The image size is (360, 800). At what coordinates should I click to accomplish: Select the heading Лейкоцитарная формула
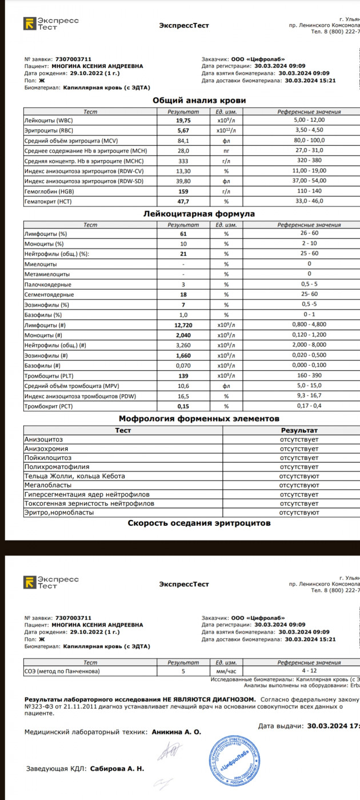click(x=199, y=214)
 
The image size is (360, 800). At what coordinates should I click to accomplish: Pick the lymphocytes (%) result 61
click(x=183, y=234)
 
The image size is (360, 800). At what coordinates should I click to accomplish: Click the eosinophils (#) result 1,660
click(x=183, y=355)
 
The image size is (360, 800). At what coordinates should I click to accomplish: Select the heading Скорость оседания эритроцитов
click(x=199, y=523)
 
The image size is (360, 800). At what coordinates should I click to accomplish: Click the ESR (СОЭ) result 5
click(x=183, y=671)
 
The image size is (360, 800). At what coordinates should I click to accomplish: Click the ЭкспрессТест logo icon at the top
click(x=29, y=23)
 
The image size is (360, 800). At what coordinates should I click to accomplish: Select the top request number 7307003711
click(x=73, y=59)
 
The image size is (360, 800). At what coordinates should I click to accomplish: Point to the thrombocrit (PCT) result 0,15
click(x=183, y=406)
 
